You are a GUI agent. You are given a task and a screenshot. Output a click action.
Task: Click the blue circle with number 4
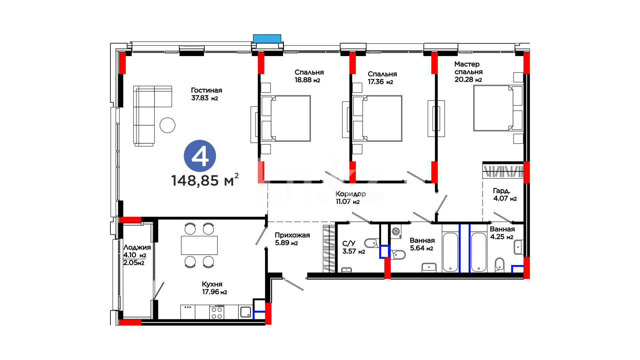coord(200,156)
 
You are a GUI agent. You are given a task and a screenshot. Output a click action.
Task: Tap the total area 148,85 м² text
coord(205,180)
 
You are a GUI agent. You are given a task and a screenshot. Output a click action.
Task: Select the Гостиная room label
coord(206,90)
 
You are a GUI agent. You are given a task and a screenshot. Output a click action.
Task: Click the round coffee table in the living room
coord(167,125)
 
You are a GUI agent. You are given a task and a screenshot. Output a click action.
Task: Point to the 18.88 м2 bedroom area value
coord(307,80)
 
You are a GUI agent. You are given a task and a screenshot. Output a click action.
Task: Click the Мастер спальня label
coord(468,68)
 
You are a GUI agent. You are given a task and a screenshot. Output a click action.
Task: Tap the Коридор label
coord(351,194)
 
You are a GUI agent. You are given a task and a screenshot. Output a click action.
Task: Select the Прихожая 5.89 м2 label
coord(292,239)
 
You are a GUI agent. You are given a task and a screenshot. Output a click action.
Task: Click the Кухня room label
coord(212,284)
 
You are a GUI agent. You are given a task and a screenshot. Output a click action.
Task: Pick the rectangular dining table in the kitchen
coord(199,245)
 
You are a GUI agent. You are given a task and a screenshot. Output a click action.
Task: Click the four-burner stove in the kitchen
coord(217,312)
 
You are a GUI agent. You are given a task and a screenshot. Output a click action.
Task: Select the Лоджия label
coord(137,247)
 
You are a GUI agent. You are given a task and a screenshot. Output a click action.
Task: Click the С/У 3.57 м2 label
coord(354,247)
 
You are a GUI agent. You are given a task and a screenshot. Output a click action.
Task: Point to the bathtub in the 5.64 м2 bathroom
coord(451,252)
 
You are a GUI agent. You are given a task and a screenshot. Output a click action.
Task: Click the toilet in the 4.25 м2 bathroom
coord(499,265)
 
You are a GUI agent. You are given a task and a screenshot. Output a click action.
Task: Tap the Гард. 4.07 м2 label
coord(505,195)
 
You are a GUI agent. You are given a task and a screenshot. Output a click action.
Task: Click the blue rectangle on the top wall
coord(267,39)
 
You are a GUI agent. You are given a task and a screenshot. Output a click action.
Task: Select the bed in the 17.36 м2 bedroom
coord(378,118)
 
